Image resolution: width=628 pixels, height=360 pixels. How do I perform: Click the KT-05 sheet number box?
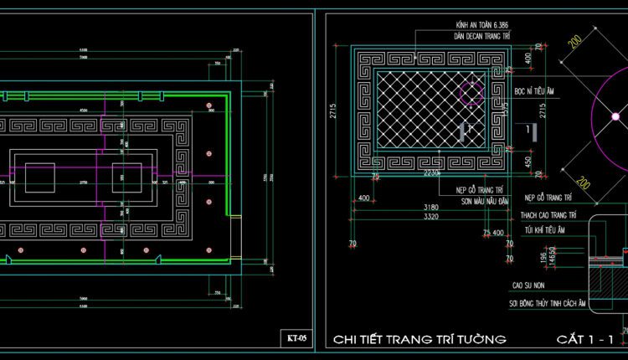296,338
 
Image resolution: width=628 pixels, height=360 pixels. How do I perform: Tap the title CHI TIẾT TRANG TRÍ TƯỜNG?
420,339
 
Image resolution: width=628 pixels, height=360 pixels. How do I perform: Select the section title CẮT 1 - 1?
585,339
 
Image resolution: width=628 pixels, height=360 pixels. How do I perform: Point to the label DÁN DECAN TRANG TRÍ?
482,38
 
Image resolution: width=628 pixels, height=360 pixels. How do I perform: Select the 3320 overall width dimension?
431,217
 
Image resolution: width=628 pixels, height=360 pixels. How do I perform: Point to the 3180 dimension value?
431,206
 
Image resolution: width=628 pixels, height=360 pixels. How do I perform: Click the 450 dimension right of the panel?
527,161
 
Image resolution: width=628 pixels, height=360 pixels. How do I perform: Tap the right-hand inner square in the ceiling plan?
128,177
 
